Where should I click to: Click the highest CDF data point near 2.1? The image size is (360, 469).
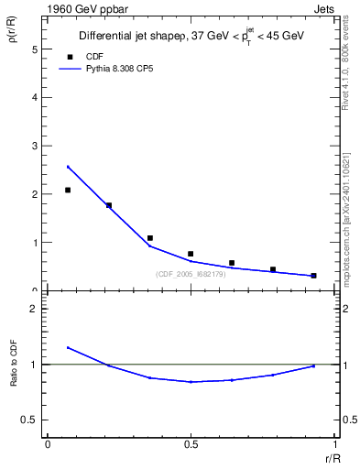[x=68, y=190]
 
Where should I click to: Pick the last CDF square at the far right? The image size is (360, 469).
[x=313, y=275]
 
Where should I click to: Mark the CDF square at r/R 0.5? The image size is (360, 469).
[x=191, y=254]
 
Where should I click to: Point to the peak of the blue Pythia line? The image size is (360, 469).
[x=68, y=167]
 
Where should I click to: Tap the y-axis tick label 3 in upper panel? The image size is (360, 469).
[x=34, y=146]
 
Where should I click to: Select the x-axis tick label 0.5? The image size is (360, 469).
[x=191, y=444]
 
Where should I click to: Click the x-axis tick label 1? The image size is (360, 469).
[x=333, y=444]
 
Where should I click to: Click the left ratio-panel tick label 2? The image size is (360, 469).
[x=34, y=309]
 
